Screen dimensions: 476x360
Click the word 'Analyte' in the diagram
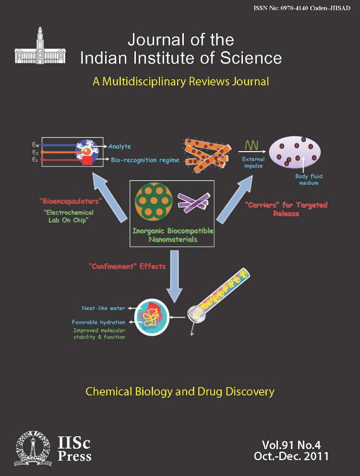120,146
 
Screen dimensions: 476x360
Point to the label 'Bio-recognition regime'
145,160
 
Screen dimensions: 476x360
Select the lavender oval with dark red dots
295,155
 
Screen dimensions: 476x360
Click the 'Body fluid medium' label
307,179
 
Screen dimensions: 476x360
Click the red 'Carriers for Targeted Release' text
286,209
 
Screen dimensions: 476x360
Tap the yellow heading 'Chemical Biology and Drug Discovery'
180,392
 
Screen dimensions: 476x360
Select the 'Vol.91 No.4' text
292,444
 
